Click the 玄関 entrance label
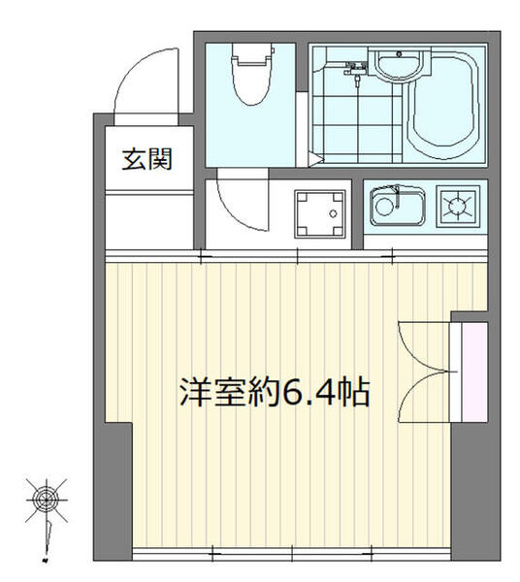pyautogui.click(x=146, y=158)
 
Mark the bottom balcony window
pyautogui.click(x=291, y=555)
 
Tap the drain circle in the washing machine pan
pyautogui.click(x=333, y=212)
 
